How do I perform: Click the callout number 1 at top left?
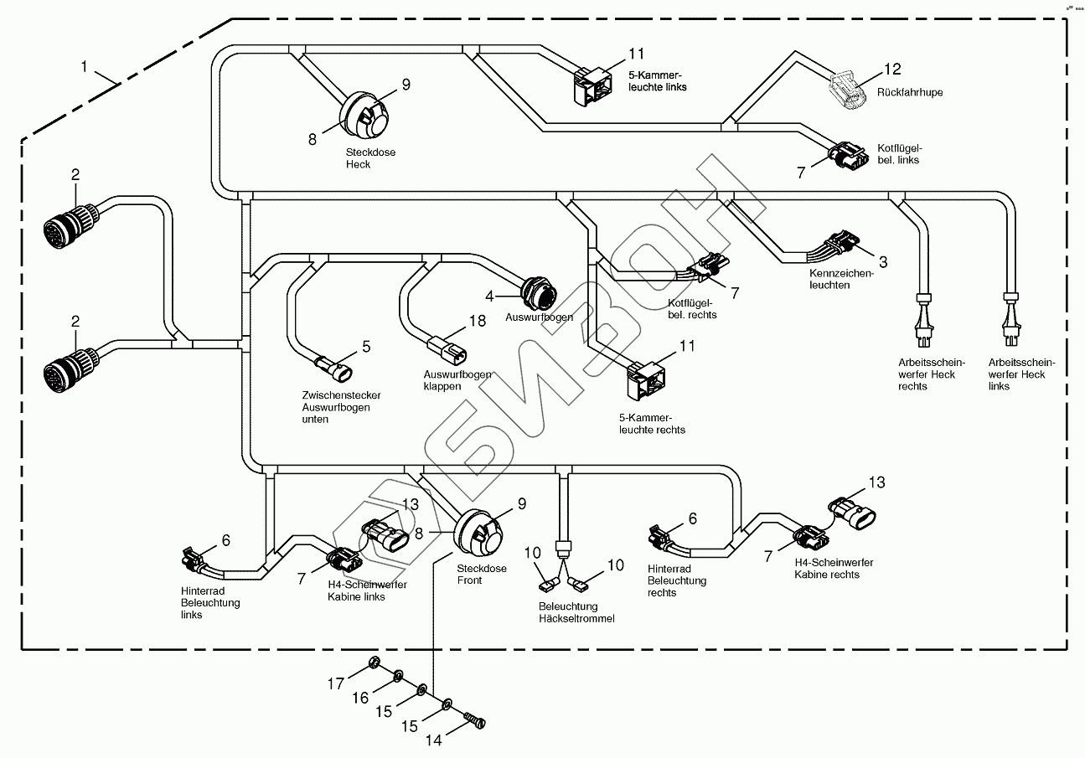coord(85,64)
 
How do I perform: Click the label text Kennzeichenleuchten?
coord(841,279)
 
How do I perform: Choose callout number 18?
coord(478,321)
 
